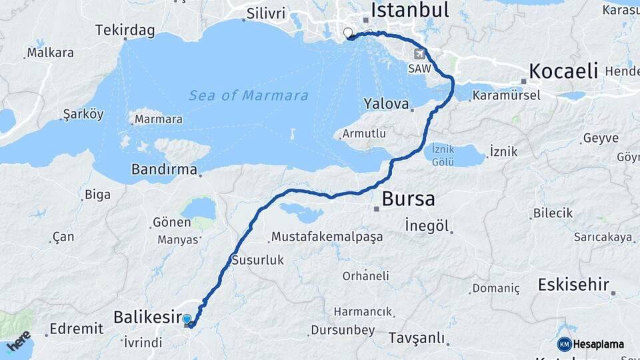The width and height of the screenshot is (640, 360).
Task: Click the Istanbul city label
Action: pyautogui.click(x=409, y=10)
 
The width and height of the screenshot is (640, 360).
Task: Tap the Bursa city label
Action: pyautogui.click(x=408, y=199)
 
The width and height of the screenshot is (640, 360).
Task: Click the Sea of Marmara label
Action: pyautogui.click(x=249, y=95)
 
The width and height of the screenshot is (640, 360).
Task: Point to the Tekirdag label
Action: pyautogui.click(x=125, y=30)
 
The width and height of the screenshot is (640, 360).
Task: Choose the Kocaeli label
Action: pyautogui.click(x=563, y=71)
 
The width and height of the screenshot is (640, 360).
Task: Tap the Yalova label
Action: pyautogui.click(x=386, y=103)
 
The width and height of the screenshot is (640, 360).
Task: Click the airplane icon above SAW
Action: pyautogui.click(x=419, y=54)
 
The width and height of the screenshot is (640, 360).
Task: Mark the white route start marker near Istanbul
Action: pyautogui.click(x=347, y=33)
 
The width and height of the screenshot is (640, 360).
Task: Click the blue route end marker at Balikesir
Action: pyautogui.click(x=187, y=320)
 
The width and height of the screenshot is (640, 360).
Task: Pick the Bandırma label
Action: pyautogui.click(x=164, y=169)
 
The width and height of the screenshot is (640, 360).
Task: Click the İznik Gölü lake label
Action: pyautogui.click(x=443, y=155)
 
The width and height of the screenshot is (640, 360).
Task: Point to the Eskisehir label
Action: pyautogui.click(x=573, y=285)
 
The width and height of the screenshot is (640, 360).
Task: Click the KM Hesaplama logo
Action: pyautogui.click(x=591, y=344)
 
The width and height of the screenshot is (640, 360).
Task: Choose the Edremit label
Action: pyautogui.click(x=76, y=329)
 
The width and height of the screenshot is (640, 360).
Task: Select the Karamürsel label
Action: pyautogui.click(x=506, y=96)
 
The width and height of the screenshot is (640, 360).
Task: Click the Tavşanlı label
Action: pyautogui.click(x=417, y=338)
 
